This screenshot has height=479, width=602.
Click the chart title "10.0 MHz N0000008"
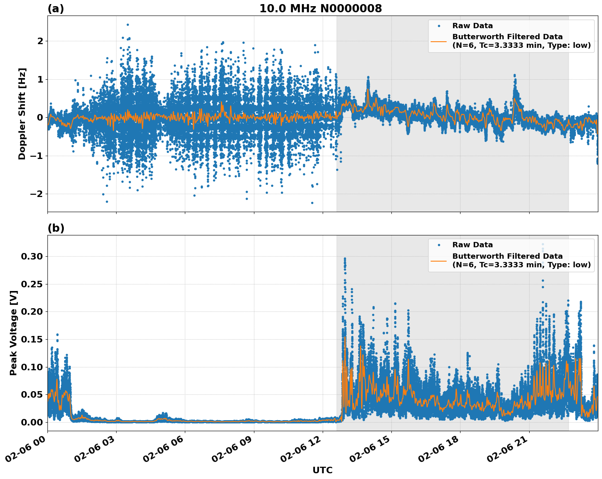click(321, 9)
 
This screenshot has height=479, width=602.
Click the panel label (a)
click(56, 9)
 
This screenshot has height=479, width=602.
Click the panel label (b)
click(56, 228)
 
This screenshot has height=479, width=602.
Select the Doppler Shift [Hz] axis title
click(22, 114)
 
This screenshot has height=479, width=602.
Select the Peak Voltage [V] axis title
click(13, 333)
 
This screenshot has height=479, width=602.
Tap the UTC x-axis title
click(322, 470)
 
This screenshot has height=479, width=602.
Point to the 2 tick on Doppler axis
click(40, 41)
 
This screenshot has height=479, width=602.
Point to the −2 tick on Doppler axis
click(36, 194)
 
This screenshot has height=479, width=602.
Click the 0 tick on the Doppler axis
click(40, 117)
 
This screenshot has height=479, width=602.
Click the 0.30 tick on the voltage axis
click(32, 256)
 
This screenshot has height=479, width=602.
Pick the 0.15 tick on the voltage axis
click(32, 339)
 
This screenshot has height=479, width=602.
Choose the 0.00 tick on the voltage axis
click(32, 422)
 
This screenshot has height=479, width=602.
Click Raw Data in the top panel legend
click(472, 26)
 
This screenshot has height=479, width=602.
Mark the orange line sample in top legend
click(438, 41)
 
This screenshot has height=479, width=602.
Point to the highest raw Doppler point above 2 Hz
click(128, 25)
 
